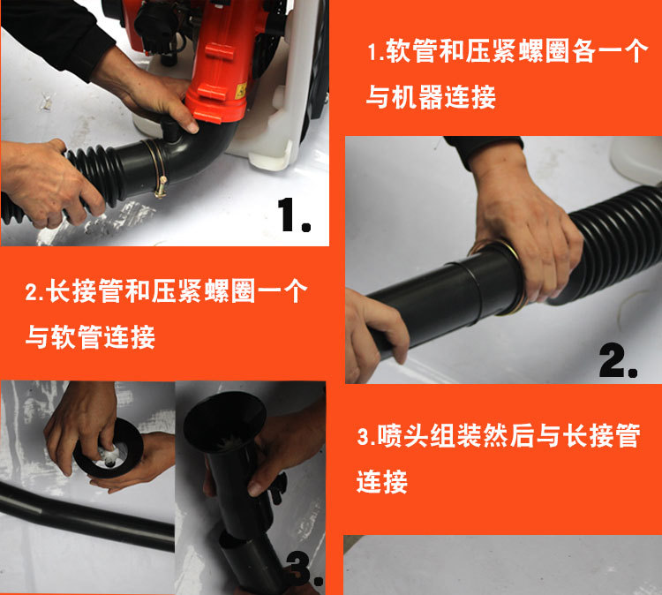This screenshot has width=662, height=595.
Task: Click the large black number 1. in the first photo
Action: pyautogui.click(x=294, y=215)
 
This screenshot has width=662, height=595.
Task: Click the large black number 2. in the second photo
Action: pyautogui.click(x=618, y=360)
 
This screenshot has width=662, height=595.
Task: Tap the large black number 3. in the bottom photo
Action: pyautogui.click(x=305, y=569)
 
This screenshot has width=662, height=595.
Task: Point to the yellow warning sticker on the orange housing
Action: pyautogui.click(x=242, y=91)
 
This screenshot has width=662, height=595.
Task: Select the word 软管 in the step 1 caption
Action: pyautogui.click(x=411, y=51)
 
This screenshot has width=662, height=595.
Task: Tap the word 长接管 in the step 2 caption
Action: pyautogui.click(x=86, y=290)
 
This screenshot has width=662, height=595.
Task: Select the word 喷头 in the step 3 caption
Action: pyautogui.click(x=402, y=435)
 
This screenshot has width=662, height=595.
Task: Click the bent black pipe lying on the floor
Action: pyautogui.click(x=85, y=512)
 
